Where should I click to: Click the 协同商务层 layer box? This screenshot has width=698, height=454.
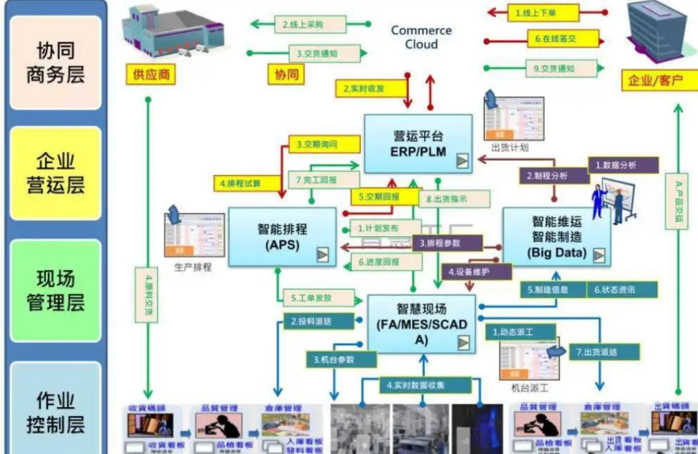point(56,62)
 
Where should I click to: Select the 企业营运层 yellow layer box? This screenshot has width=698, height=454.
point(56,173)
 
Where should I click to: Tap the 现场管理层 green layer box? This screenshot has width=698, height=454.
point(56,290)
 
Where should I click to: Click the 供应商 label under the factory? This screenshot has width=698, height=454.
point(150,74)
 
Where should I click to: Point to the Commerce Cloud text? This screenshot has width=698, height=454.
point(421,38)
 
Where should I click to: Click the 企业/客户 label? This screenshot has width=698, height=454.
point(655,81)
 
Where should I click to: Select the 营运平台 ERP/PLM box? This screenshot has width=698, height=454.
point(418,143)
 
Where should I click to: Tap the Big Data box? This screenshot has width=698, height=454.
point(556,237)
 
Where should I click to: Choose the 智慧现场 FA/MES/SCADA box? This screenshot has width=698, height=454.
point(421,324)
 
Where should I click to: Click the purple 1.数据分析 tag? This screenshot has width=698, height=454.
point(622,165)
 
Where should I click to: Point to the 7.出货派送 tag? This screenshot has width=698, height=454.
point(603,351)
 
